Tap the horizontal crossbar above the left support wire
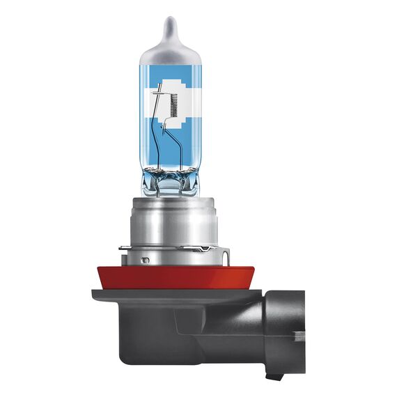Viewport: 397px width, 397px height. click(x=159, y=89)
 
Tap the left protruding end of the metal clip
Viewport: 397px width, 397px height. click(x=121, y=247)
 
